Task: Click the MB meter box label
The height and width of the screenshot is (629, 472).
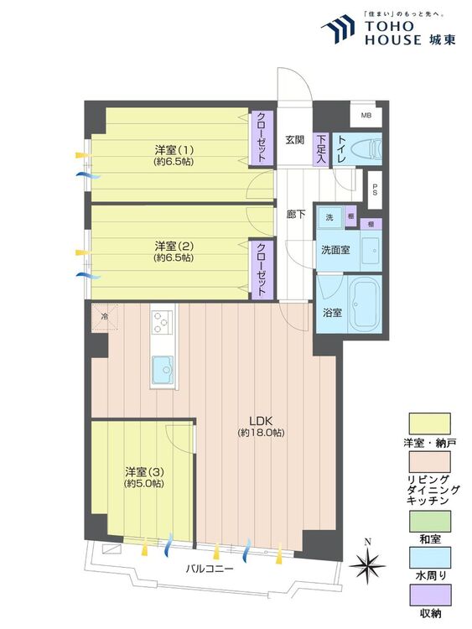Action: tap(366, 116)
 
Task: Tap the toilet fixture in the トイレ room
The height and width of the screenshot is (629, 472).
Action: tap(366, 150)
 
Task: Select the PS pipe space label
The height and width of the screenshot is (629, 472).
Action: tap(375, 190)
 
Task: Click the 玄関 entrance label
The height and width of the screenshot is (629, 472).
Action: tap(294, 139)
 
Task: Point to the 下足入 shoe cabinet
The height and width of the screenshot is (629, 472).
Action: tap(321, 148)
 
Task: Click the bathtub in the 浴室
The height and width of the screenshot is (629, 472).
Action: tap(364, 304)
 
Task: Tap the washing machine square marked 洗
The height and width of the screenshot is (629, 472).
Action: tap(329, 217)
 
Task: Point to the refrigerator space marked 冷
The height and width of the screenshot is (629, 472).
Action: tap(105, 317)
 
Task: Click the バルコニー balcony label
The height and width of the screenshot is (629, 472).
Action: tap(210, 569)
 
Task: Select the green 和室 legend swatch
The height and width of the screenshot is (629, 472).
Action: tap(429, 521)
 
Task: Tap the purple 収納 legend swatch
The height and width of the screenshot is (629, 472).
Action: tap(429, 595)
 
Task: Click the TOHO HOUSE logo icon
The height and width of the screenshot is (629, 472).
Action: tap(338, 29)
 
